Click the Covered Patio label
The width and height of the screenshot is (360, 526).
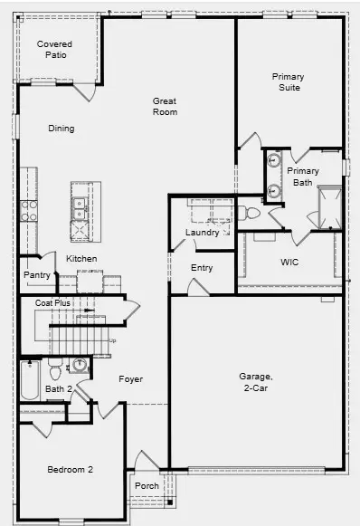[x=54, y=49]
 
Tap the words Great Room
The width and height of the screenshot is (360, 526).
[x=165, y=107]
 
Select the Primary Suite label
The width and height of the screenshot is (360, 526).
[x=288, y=82]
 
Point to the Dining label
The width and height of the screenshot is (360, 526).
[x=62, y=129]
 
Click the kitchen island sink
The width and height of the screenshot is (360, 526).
[x=81, y=204]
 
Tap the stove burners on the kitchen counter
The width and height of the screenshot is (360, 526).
[x=29, y=211]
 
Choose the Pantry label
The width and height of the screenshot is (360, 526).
[x=37, y=275]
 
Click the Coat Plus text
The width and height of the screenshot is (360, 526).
[x=52, y=303]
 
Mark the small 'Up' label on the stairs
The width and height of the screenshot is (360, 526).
[x=112, y=340]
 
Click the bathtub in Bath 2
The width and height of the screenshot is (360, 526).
[x=30, y=379]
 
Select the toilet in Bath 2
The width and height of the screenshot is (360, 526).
[x=55, y=370]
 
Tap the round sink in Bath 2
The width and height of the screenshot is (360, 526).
[x=80, y=365]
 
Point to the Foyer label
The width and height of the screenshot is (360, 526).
[x=130, y=379]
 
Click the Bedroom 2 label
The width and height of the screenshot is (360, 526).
[x=70, y=469]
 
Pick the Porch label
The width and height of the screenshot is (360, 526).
[x=147, y=486]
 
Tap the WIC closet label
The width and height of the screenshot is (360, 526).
[x=289, y=262]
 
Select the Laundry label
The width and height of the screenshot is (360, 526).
[x=202, y=233]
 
